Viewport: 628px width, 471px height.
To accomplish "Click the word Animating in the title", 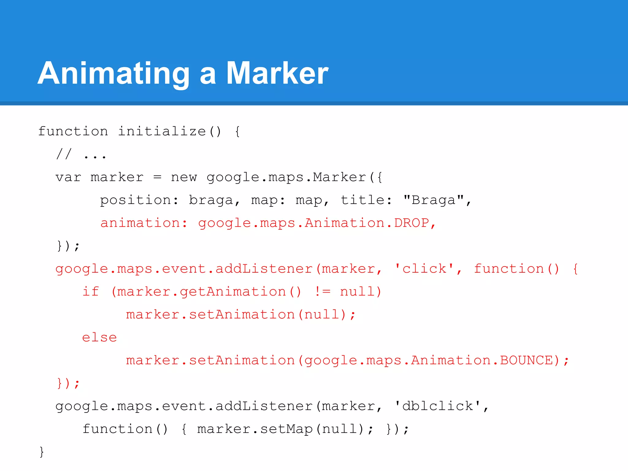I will (x=113, y=74).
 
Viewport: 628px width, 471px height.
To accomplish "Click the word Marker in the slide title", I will (x=277, y=74).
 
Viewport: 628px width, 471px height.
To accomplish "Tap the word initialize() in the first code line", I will (x=169, y=132).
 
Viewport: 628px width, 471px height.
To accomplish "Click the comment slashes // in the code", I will (x=64, y=154).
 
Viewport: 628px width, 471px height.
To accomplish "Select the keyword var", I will (x=68, y=177).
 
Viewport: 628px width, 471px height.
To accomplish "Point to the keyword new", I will (x=184, y=177).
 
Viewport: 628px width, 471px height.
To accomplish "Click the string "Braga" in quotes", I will (x=433, y=200).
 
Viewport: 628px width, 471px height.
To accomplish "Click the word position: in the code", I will (x=139, y=200).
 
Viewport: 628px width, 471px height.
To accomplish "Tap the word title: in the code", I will (x=366, y=200).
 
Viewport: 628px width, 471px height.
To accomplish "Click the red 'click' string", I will (x=424, y=269).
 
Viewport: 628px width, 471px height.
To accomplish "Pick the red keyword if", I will (x=91, y=291).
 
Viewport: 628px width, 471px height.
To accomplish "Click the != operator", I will (x=323, y=291).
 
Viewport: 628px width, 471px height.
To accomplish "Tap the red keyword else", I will (x=99, y=338).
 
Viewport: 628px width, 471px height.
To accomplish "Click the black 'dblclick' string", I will (x=438, y=406).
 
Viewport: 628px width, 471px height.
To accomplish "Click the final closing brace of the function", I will (x=42, y=452).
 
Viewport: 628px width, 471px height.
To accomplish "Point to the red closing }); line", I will (x=68, y=383).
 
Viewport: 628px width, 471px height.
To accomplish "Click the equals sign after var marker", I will (x=157, y=177).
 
